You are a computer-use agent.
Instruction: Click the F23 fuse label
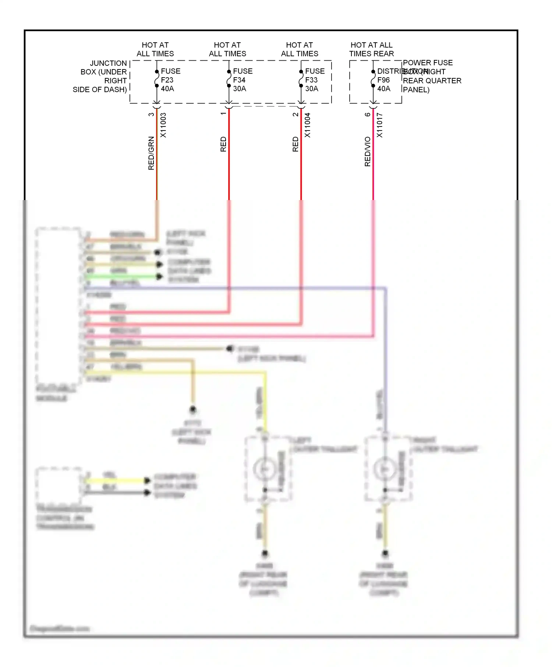coord(167,80)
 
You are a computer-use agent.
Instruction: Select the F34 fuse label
coord(239,80)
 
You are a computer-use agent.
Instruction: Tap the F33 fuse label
coord(311,80)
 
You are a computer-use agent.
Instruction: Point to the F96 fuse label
coord(383,80)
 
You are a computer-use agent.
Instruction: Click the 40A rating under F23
coord(167,89)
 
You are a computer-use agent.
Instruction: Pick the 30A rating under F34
coord(240,89)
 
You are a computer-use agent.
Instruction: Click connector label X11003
coord(163,125)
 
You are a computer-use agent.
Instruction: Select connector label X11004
coord(308,125)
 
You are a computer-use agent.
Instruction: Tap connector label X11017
coord(380,125)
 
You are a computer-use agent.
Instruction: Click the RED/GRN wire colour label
coord(151,153)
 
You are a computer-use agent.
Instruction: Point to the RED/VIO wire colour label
coord(368,151)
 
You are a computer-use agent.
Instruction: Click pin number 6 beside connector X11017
coord(368,114)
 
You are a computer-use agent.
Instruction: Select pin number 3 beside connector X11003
coord(151,114)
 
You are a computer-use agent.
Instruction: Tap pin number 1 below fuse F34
coord(223,114)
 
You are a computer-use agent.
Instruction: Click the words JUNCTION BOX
coord(104,68)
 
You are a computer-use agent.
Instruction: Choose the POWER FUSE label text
coord(428,63)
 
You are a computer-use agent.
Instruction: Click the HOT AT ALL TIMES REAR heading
coord(372,49)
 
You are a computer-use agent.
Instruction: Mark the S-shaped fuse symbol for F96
coord(373,79)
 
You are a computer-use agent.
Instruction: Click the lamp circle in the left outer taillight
coord(264,469)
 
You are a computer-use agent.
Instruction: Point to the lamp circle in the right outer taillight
coord(385,469)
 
